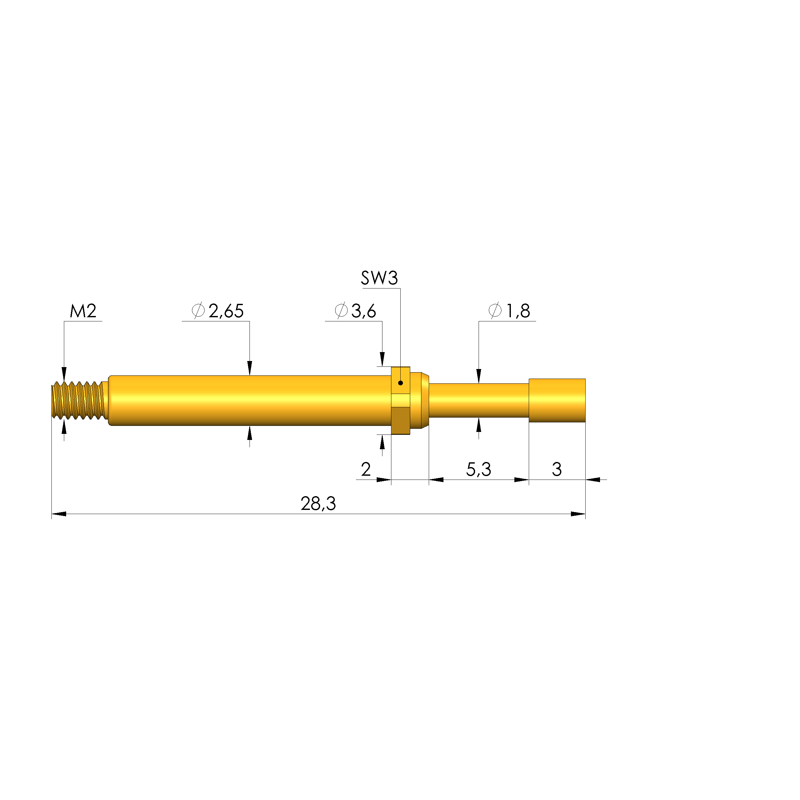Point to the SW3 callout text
(379, 278)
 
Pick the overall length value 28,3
(318, 504)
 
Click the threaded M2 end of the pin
(78, 400)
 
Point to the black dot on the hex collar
(400, 383)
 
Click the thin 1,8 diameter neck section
(478, 400)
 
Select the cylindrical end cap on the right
(557, 400)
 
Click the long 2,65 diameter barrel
(249, 400)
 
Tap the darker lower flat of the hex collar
(400, 420)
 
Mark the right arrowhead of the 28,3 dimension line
(578, 514)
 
